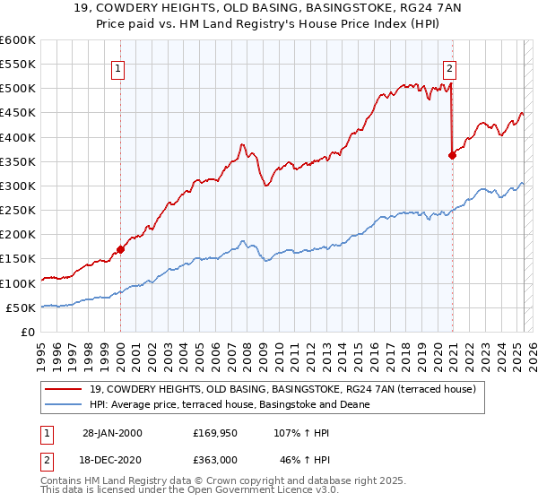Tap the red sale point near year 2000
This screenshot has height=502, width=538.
(x=120, y=249)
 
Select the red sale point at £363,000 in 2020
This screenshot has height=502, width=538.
(x=452, y=155)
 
